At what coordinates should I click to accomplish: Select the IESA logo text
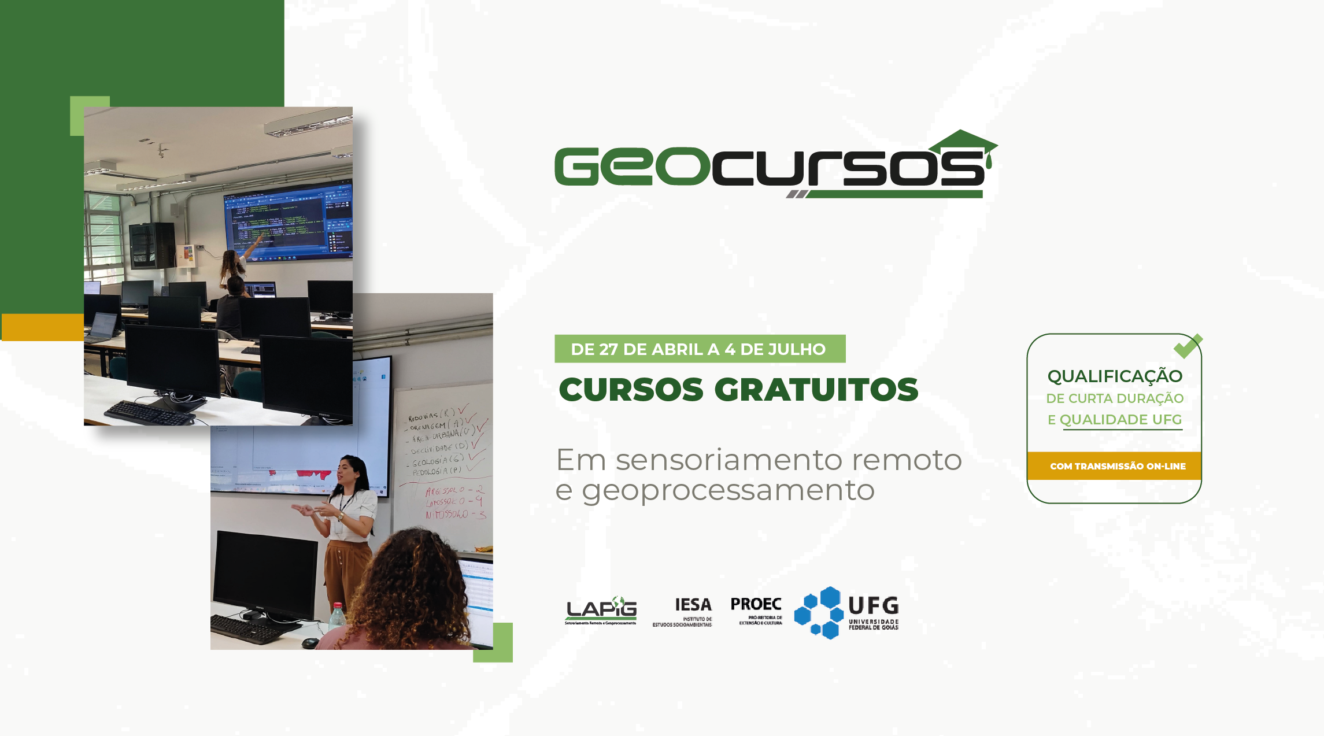(693, 605)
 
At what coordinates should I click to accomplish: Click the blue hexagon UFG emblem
(819, 613)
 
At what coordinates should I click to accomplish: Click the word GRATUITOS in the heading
(816, 390)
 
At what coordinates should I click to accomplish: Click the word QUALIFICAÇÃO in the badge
(1115, 376)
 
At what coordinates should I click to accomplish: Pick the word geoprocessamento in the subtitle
(728, 490)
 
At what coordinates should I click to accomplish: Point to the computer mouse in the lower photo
(310, 642)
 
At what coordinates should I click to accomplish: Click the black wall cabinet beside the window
(151, 245)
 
